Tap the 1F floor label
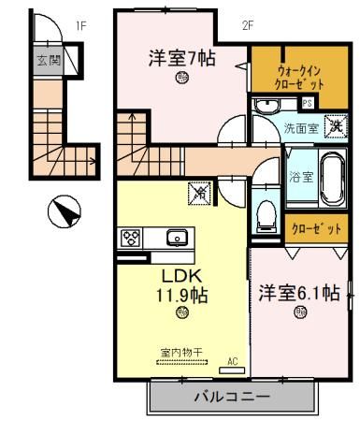click(x=81, y=25)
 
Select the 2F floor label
click(x=247, y=25)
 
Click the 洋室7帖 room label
click(x=182, y=58)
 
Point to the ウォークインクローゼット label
click(x=301, y=76)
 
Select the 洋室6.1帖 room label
click(x=299, y=293)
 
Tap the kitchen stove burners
click(x=129, y=238)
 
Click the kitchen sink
click(x=176, y=238)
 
